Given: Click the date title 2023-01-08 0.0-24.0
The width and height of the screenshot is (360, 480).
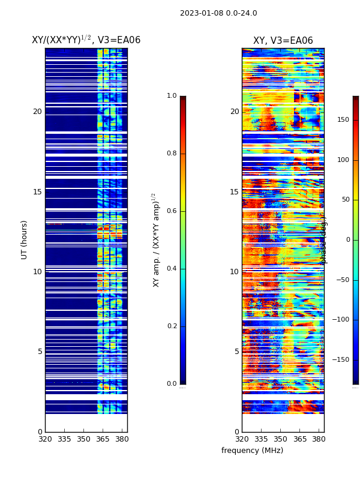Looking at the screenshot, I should click(218, 13).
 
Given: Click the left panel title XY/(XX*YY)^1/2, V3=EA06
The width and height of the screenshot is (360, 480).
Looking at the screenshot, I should click(86, 40).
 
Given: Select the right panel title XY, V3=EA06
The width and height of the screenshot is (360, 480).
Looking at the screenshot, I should click(283, 41).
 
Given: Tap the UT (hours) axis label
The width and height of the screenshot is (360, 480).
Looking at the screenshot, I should click(25, 239).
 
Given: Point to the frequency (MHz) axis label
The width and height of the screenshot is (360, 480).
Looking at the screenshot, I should click(252, 451).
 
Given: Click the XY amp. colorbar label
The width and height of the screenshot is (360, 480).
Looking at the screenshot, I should click(155, 239).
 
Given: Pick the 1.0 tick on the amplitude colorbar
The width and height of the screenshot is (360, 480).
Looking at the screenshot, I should click(172, 96).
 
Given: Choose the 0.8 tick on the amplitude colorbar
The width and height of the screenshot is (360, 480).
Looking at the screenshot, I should click(172, 154).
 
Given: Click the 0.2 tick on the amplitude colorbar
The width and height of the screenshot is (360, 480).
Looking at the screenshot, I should click(172, 326).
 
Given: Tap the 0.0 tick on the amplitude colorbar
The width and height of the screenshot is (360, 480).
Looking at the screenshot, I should click(172, 384).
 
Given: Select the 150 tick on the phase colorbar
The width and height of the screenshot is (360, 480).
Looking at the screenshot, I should click(343, 120).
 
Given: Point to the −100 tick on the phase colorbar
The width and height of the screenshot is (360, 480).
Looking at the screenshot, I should click(342, 320).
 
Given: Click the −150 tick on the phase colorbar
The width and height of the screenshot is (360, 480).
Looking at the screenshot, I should click(342, 360).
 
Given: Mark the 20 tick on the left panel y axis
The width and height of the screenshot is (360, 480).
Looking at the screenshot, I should click(37, 112).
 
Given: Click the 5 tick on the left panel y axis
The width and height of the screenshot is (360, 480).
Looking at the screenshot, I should click(40, 352).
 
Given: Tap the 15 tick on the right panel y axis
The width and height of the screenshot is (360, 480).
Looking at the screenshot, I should click(234, 192).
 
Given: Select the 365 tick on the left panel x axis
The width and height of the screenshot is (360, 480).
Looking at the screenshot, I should click(103, 439).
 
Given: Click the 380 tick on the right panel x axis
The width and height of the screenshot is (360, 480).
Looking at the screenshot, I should click(319, 439).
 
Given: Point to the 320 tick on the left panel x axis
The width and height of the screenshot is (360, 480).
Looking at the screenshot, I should click(45, 439).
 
